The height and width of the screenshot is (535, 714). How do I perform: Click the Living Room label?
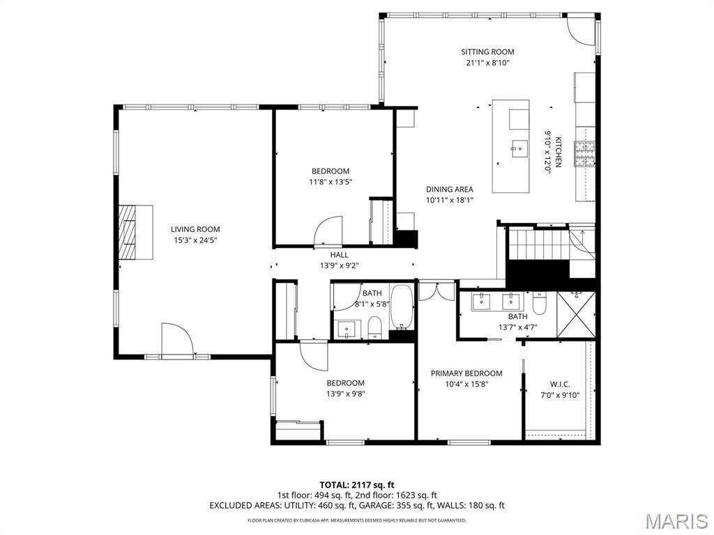tap(195, 229)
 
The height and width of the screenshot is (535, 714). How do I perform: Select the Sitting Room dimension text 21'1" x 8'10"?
tap(487, 63)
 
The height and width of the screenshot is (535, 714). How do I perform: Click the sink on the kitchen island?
tap(519, 148)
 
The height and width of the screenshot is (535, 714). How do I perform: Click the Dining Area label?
tap(450, 189)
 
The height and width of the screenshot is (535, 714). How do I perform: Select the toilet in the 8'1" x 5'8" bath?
tap(375, 327)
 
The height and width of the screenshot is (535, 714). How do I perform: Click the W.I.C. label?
tap(560, 384)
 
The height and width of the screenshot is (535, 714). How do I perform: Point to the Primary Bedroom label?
tap(466, 373)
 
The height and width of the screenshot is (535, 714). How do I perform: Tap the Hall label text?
tap(339, 255)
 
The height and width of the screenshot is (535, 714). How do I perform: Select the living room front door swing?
tap(177, 340)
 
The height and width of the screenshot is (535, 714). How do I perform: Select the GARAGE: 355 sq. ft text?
tap(396, 506)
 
